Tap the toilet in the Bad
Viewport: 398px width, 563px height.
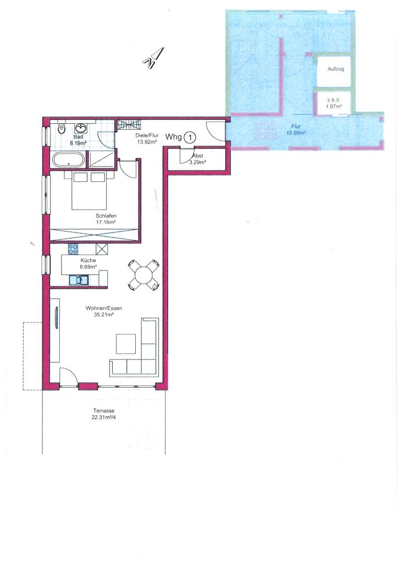point(60,128)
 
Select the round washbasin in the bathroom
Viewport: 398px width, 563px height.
point(80,128)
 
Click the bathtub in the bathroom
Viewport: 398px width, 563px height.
point(69,159)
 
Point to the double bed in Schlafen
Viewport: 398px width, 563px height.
point(89,190)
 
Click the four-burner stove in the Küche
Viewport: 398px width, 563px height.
point(73,249)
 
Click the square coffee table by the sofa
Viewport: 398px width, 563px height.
point(125,344)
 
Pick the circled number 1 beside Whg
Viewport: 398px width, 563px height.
point(190,137)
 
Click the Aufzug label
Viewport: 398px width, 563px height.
point(335,69)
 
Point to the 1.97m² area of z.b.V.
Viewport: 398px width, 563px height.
point(333,107)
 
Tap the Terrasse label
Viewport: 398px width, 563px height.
point(104,411)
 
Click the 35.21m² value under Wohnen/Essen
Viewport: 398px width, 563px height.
point(104,314)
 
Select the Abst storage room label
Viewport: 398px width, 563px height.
point(198,156)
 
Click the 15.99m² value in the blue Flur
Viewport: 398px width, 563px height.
point(296,133)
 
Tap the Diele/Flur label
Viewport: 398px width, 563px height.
point(147,136)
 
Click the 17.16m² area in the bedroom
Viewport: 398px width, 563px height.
point(106,222)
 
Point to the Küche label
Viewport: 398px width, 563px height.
point(89,260)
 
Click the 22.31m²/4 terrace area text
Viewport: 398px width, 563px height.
point(104,417)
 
